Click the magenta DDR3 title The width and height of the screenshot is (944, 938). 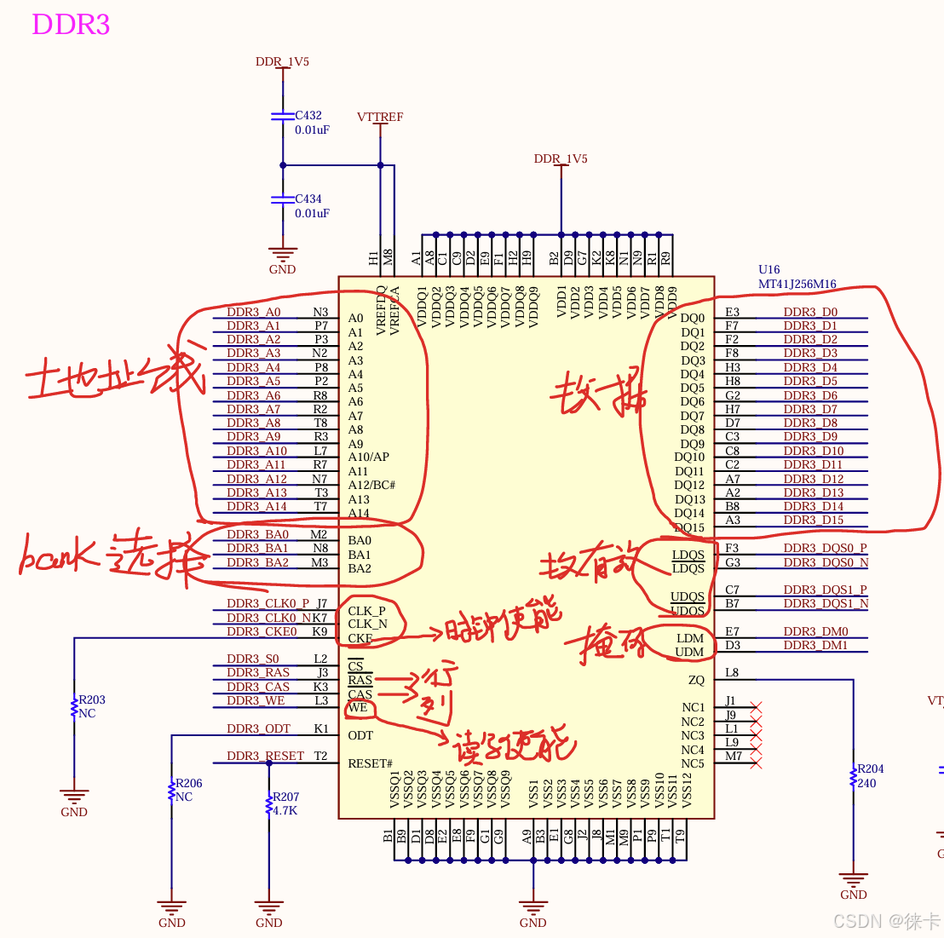[x=71, y=24]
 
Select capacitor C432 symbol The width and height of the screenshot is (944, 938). [x=282, y=115]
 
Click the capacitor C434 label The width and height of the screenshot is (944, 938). [x=308, y=199]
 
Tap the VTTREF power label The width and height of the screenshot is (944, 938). [x=380, y=117]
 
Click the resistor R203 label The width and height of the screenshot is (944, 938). [x=92, y=700]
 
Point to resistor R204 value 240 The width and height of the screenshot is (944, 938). [x=866, y=784]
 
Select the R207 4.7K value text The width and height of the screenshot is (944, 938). [x=285, y=811]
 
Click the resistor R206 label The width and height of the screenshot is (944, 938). [x=188, y=784]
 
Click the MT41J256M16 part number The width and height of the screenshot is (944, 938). [x=797, y=285]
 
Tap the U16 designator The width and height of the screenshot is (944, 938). [x=768, y=270]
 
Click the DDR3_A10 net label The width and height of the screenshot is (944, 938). [x=256, y=451]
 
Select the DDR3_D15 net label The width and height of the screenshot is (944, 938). [x=813, y=520]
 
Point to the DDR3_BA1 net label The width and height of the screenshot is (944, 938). [x=257, y=548]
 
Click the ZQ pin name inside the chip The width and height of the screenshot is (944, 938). [x=696, y=680]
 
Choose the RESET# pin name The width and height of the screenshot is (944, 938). [x=370, y=763]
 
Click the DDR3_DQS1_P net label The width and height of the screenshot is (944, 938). [x=825, y=590]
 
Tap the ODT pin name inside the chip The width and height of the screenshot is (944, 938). [x=360, y=735]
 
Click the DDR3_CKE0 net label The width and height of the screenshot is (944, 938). [x=262, y=631]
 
